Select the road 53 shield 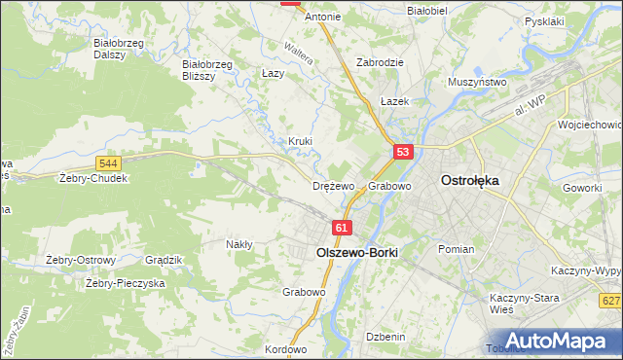coord(404,152)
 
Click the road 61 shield coord(341,228)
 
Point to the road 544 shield coord(109,163)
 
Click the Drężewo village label coord(333,185)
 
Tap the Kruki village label coord(300,141)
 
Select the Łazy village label coord(274,73)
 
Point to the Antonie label coord(323,17)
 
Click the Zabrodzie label coord(380,61)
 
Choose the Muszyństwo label coord(477,83)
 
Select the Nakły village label coord(239,244)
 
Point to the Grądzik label coord(164,260)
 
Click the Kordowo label coord(285,349)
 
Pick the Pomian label coord(456,249)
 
